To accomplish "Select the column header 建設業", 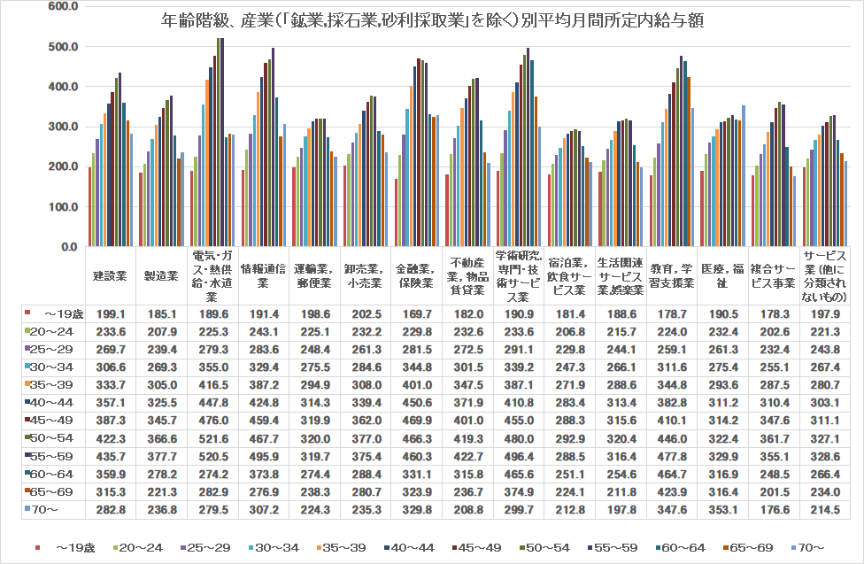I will click(111, 275).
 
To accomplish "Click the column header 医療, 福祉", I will click(722, 275).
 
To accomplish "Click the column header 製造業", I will click(161, 275).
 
